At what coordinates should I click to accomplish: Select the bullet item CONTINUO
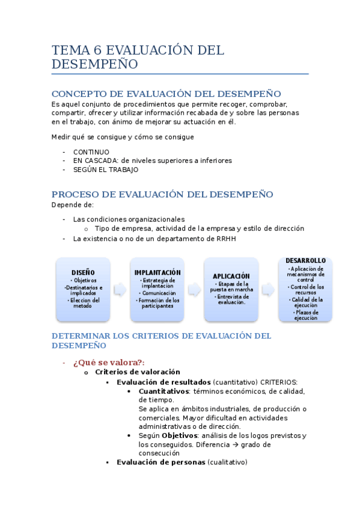coord(91,152)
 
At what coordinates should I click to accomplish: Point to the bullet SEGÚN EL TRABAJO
coord(106,170)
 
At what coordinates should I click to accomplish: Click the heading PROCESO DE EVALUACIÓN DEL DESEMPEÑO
coord(162,194)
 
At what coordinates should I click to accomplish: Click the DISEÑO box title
coord(83,272)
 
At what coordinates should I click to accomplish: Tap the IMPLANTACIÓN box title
coord(157,272)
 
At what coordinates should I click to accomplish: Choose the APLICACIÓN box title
coord(231,276)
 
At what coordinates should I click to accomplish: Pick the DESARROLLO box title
coord(305,261)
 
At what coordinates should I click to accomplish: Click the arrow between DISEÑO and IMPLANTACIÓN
coord(120,289)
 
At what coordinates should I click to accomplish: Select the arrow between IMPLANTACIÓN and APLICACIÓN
coord(194,289)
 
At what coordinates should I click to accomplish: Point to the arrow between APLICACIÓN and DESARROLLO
coord(268,289)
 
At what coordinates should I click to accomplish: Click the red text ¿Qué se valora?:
coord(109,362)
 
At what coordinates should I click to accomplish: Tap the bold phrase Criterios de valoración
coord(138,372)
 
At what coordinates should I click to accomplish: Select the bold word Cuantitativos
coord(163,391)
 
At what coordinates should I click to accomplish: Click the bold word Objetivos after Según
coord(180,435)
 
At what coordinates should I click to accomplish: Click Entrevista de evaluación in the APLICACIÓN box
coord(231,299)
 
